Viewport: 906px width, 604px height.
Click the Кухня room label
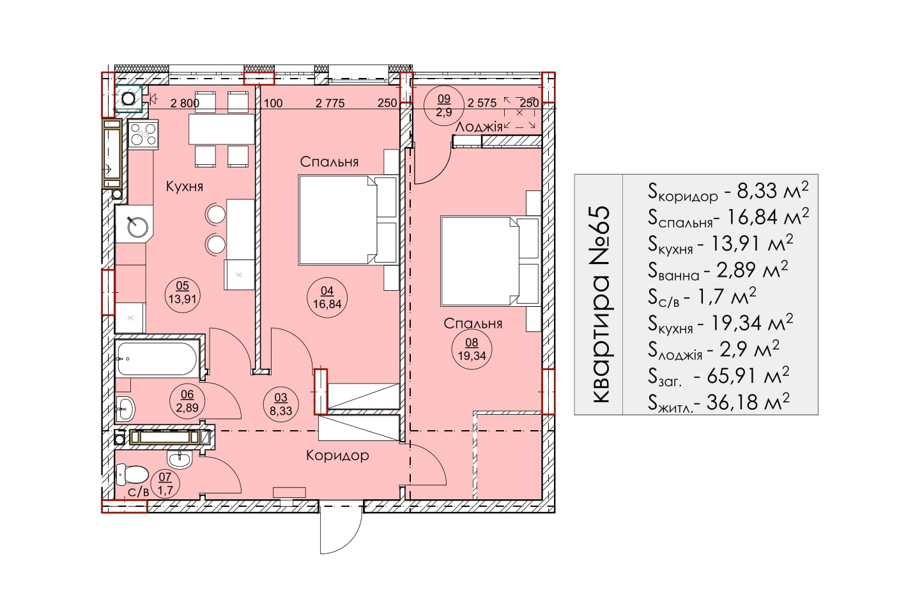(185, 187)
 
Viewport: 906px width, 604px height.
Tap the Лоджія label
(479, 127)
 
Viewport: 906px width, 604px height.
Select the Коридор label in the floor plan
(337, 456)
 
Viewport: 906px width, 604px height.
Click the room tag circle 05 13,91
(182, 292)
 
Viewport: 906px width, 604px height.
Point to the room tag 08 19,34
(472, 349)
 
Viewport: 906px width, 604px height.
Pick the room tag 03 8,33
(280, 404)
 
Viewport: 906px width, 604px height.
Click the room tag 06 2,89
(187, 401)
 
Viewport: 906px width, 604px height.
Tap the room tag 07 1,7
(165, 484)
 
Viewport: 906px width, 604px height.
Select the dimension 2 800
(185, 104)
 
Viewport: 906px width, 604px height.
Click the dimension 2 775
(330, 104)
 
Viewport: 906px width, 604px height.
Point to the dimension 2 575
(482, 103)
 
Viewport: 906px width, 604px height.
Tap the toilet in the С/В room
(132, 474)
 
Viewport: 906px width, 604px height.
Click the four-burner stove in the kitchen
(142, 134)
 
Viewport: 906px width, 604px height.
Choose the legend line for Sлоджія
(713, 350)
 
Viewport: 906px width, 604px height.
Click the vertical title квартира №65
(601, 304)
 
